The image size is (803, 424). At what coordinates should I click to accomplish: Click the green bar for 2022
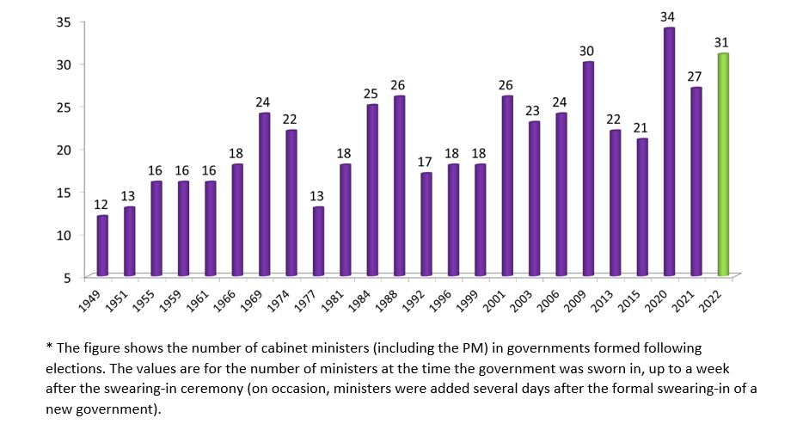[x=723, y=164]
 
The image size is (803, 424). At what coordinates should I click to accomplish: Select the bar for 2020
[x=669, y=151]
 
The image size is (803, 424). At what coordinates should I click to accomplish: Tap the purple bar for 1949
[x=103, y=245]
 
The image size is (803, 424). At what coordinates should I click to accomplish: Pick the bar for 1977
[x=318, y=241]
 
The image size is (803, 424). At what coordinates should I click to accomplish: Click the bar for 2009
[x=588, y=169]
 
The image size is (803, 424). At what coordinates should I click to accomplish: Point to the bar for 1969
[x=265, y=194]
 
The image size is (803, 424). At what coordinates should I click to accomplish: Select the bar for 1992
[x=426, y=224]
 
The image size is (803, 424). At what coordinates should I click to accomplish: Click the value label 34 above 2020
[x=669, y=15]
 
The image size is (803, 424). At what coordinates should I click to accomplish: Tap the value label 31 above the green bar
[x=723, y=41]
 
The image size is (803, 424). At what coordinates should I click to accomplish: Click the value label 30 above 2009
[x=588, y=50]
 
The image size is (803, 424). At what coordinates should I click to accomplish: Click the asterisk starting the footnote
[x=49, y=347]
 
